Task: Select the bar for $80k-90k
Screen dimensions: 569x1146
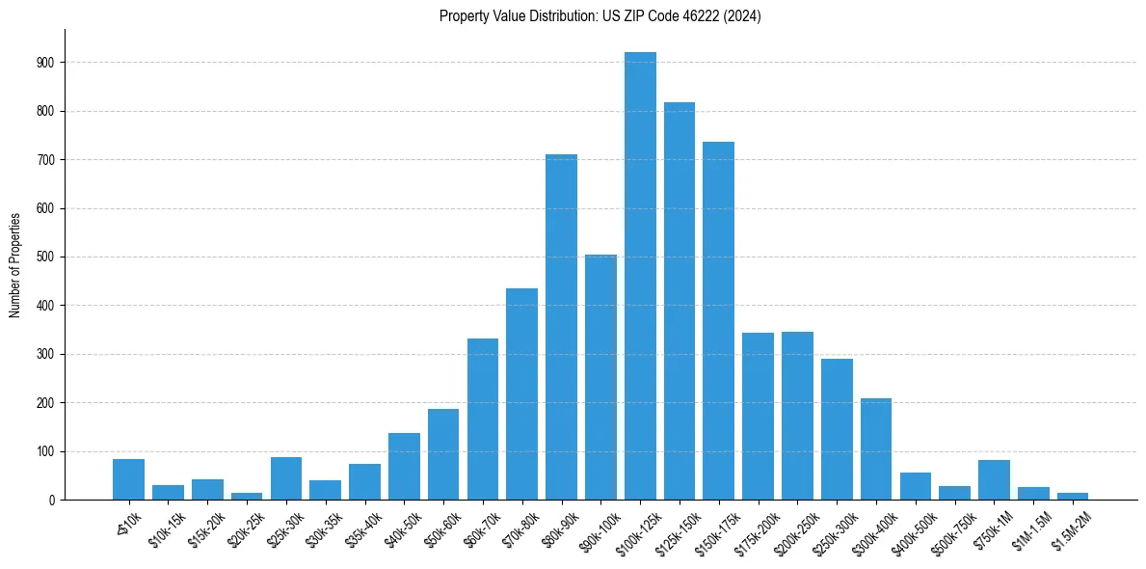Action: point(561,327)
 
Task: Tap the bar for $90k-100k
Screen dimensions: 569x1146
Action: point(600,377)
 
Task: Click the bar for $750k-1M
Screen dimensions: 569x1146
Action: point(994,480)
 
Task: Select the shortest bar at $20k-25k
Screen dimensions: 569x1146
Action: point(247,496)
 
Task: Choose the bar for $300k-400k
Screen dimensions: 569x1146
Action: point(876,448)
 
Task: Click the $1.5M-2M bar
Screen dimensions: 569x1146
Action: point(1073,496)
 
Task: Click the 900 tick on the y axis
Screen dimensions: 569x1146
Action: point(46,63)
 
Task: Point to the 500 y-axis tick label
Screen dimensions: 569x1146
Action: point(46,257)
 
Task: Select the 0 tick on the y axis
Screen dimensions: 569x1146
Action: point(52,501)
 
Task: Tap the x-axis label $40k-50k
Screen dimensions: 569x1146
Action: point(400,528)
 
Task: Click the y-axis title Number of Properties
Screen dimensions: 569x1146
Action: point(15,264)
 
